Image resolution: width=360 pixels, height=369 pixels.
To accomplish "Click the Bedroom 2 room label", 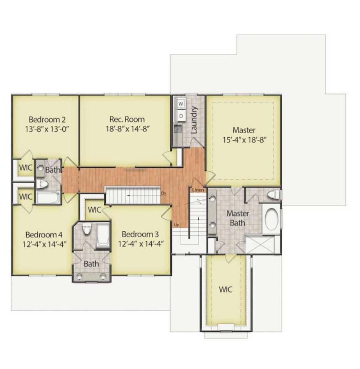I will click(x=47, y=120).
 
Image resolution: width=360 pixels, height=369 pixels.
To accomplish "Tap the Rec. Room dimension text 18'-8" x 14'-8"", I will click(x=127, y=128).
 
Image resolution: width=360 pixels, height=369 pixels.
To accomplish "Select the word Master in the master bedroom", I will click(x=244, y=130).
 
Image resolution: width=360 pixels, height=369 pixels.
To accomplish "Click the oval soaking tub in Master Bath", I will click(x=271, y=220).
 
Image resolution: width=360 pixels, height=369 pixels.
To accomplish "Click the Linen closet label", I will click(x=198, y=190).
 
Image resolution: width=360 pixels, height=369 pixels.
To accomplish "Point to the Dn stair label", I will click(x=164, y=193).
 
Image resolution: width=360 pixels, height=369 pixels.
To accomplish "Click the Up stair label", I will click(x=177, y=225).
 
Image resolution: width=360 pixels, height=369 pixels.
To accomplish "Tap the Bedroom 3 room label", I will click(x=140, y=234).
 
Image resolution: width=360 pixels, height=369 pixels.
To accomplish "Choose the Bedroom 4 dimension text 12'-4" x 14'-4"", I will click(x=44, y=244).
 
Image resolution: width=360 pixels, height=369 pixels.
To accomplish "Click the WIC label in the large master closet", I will click(x=225, y=289).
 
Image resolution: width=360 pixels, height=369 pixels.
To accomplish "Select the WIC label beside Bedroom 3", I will click(x=95, y=210).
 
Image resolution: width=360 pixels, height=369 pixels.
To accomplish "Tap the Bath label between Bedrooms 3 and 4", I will click(x=91, y=264).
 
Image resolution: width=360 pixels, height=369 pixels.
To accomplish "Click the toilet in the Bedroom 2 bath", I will click(x=42, y=184).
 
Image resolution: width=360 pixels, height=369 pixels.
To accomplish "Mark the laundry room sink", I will click(x=178, y=130).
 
